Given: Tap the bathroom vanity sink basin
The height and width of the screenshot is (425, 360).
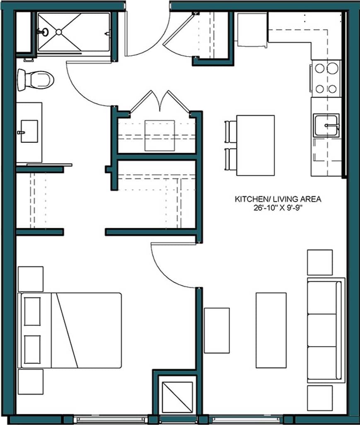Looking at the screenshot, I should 29,132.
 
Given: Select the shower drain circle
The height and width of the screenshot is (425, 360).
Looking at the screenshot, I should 58,31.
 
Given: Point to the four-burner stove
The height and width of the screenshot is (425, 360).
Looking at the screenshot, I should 326,78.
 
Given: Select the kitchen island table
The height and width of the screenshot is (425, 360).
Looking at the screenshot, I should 255,145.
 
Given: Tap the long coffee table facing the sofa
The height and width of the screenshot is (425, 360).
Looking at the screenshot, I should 271,330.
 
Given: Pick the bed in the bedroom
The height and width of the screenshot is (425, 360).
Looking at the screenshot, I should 70,330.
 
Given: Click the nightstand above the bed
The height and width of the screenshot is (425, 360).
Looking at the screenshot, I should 30,279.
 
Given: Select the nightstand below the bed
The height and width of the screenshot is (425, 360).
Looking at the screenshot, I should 30,381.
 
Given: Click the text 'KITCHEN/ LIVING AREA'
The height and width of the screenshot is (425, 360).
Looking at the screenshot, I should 278,199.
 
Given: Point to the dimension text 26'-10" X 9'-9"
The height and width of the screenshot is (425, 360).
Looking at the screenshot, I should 278,208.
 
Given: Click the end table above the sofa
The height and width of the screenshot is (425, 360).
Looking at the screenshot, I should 319,262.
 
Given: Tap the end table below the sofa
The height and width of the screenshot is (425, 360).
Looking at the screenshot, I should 319,398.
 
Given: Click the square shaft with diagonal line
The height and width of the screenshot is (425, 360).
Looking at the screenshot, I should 176,397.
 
